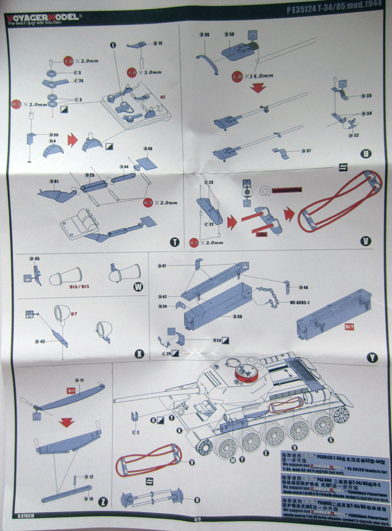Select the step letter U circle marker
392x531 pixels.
[x=367, y=153]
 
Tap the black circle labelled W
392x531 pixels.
[x=139, y=287]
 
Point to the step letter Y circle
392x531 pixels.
[x=372, y=356]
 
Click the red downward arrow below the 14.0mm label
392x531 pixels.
[x=257, y=87]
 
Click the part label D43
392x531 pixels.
[x=41, y=341]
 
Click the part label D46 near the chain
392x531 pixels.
[x=304, y=287]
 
